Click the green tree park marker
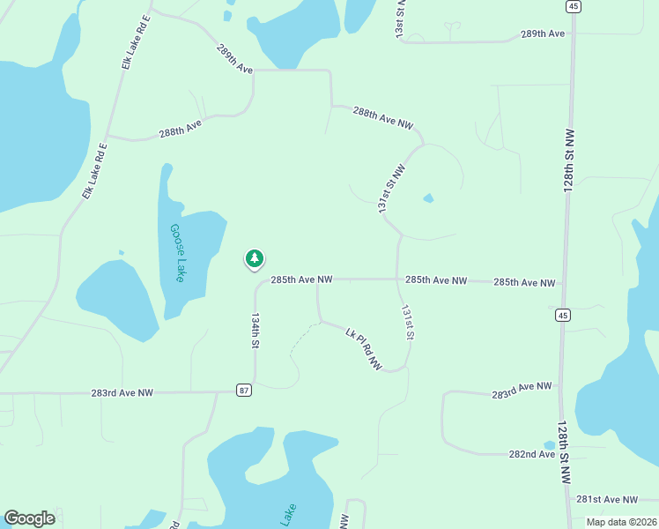click(x=254, y=258)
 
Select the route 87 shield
click(x=244, y=390)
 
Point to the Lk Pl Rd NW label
click(x=364, y=350)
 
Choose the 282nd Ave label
click(x=532, y=454)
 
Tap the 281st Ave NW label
click(x=606, y=499)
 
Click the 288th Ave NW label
click(x=382, y=119)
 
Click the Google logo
click(x=29, y=518)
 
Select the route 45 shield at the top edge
click(x=574, y=6)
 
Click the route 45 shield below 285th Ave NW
click(x=562, y=314)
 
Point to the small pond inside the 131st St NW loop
click(x=428, y=198)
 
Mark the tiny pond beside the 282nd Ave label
click(x=550, y=446)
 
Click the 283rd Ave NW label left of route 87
click(x=122, y=392)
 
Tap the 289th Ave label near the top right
click(x=542, y=34)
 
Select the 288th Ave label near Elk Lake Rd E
click(x=181, y=129)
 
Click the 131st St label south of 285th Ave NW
click(x=407, y=324)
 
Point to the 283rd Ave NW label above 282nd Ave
click(x=522, y=388)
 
